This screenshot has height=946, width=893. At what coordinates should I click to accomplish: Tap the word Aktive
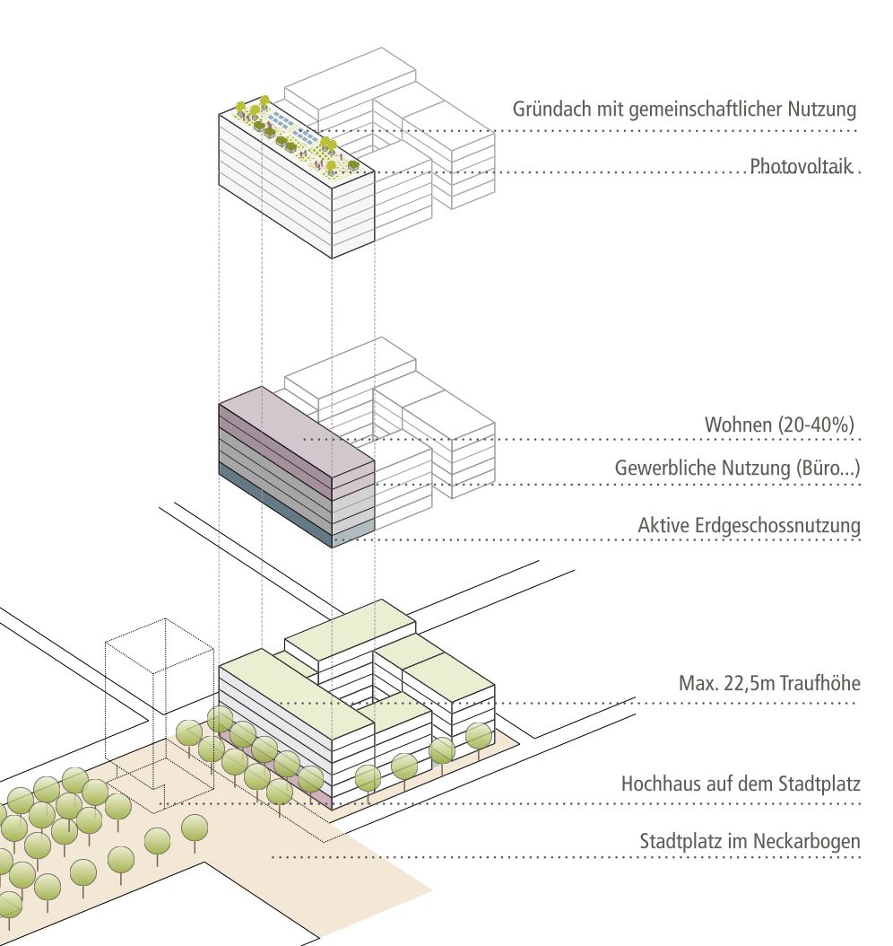click(663, 526)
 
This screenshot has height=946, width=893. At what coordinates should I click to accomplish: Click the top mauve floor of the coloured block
click(296, 422)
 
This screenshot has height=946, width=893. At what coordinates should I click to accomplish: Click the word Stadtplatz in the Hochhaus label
click(819, 784)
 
